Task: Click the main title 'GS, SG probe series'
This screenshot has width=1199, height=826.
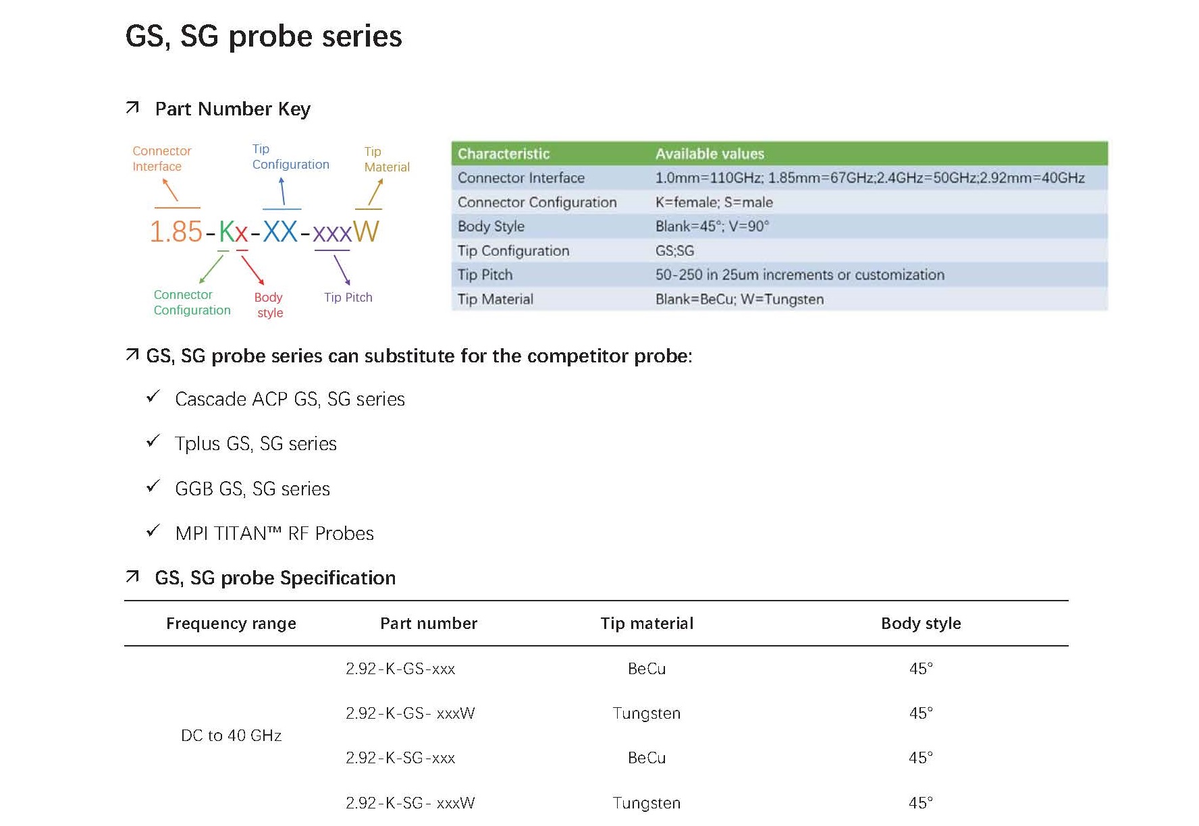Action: [x=263, y=36]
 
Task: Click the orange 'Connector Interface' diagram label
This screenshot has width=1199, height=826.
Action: [x=162, y=159]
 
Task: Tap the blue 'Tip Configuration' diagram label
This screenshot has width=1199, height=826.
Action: [x=290, y=157]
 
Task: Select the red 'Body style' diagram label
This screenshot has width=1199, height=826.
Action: [x=269, y=305]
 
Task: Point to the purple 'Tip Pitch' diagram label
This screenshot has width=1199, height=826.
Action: [x=348, y=298]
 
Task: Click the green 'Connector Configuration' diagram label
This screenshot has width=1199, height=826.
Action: [x=192, y=302]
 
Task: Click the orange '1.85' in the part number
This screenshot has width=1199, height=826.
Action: [x=176, y=232]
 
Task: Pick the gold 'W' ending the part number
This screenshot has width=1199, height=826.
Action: [x=366, y=232]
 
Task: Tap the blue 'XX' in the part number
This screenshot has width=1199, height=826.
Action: [x=280, y=232]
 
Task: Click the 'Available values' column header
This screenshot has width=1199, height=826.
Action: [x=710, y=154]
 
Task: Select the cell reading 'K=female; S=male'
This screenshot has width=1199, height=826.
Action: [x=714, y=202]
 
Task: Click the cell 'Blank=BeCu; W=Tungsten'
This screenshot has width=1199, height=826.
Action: [x=739, y=299]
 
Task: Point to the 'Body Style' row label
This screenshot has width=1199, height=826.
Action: [x=491, y=227]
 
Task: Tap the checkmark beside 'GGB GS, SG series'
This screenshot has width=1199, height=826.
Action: [x=153, y=486]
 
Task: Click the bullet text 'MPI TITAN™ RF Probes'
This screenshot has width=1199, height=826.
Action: [x=274, y=533]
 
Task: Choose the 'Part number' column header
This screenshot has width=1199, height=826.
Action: [x=429, y=624]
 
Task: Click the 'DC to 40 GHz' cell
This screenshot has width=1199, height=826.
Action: [x=231, y=736]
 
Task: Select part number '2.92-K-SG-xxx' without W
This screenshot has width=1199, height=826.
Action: [x=400, y=758]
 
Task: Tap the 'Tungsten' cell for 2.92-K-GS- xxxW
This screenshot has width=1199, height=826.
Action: [x=647, y=713]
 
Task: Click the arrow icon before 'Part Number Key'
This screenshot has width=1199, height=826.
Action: [x=132, y=107]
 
